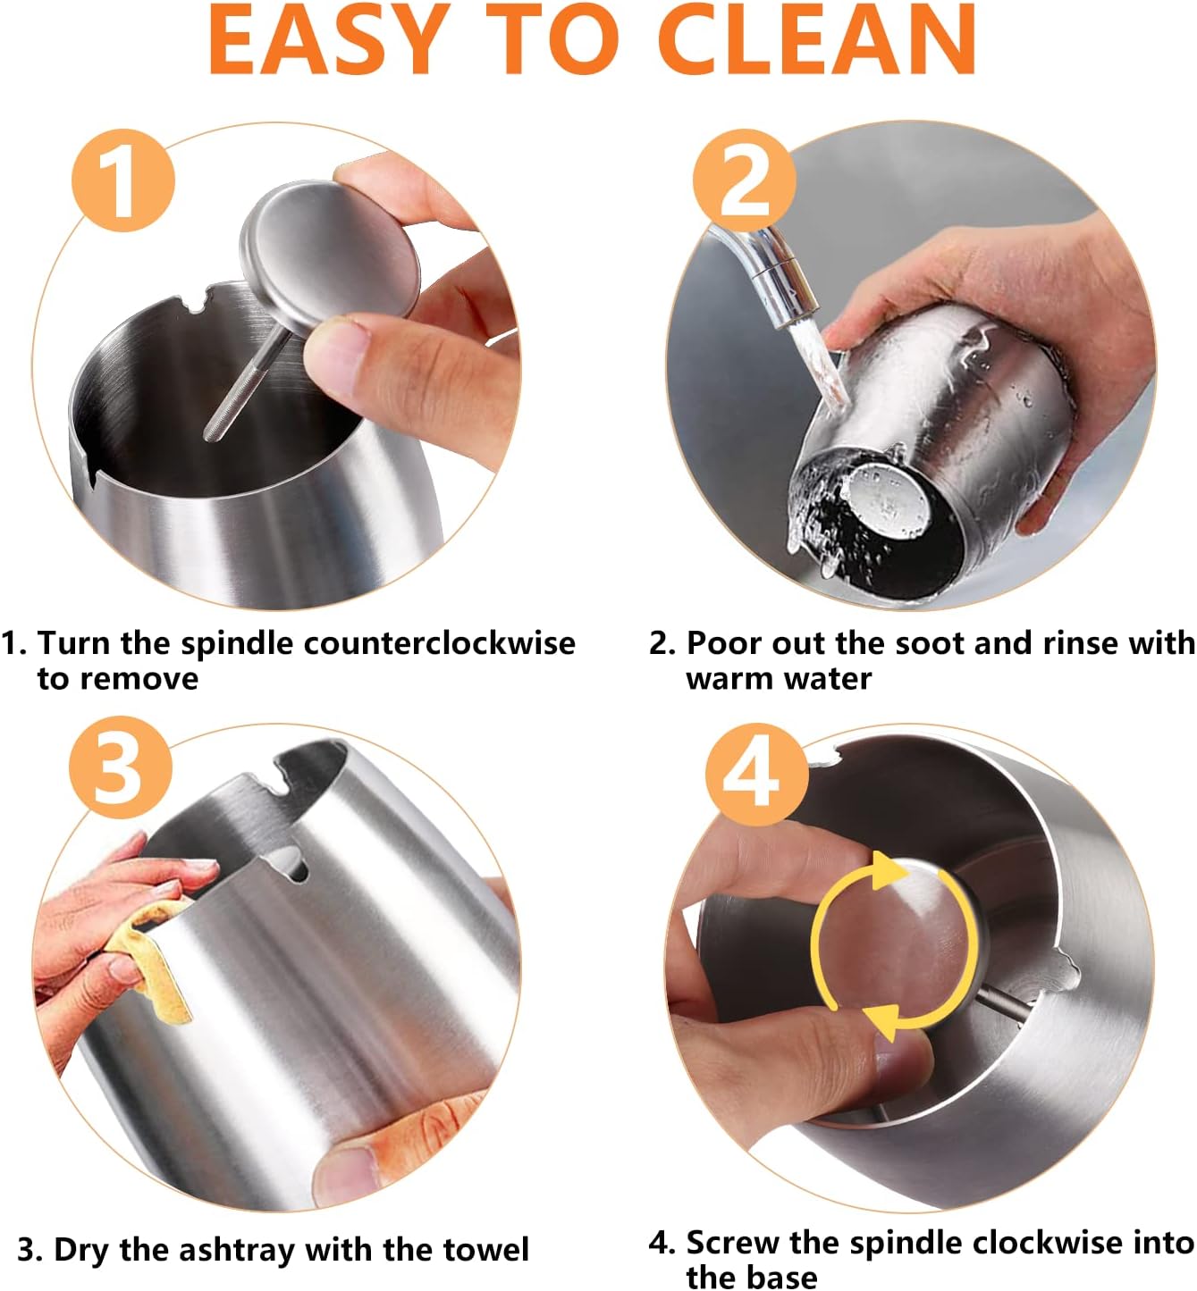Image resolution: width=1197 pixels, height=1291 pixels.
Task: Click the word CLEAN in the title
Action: coord(817,39)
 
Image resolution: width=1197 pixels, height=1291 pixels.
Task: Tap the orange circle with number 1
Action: coord(123,180)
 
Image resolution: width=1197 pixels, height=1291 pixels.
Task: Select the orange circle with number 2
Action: coord(745,180)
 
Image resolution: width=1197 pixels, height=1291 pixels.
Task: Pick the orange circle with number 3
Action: coord(121,767)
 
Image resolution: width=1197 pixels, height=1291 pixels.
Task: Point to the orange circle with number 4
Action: coord(756,775)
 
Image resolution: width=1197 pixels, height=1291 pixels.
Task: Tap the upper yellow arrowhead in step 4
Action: coord(888,872)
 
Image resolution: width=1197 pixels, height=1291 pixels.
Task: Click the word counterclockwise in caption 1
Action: coord(439,643)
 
